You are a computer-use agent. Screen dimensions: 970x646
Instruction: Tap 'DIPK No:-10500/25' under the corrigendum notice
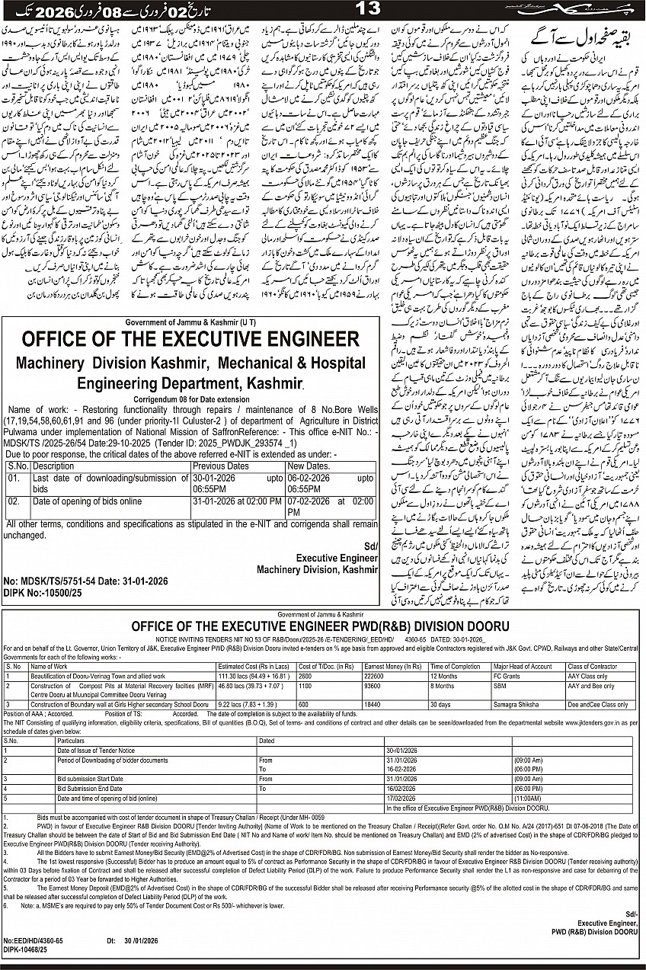(44, 591)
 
